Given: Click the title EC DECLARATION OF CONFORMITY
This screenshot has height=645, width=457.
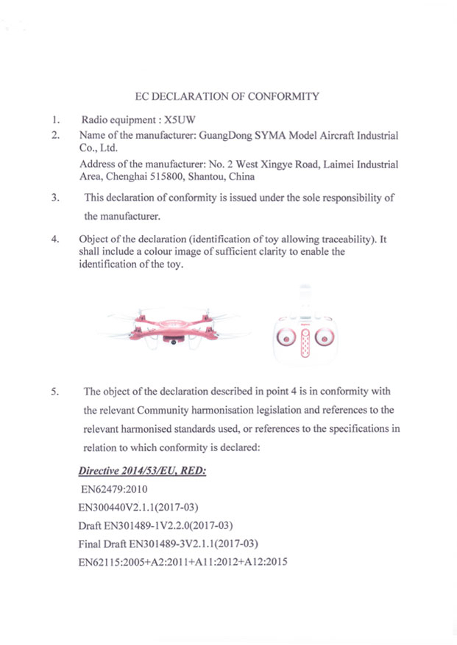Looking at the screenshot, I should (228, 96).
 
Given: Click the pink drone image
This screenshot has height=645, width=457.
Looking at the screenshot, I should (172, 326).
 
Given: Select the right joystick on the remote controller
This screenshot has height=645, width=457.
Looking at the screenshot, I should (319, 338).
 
